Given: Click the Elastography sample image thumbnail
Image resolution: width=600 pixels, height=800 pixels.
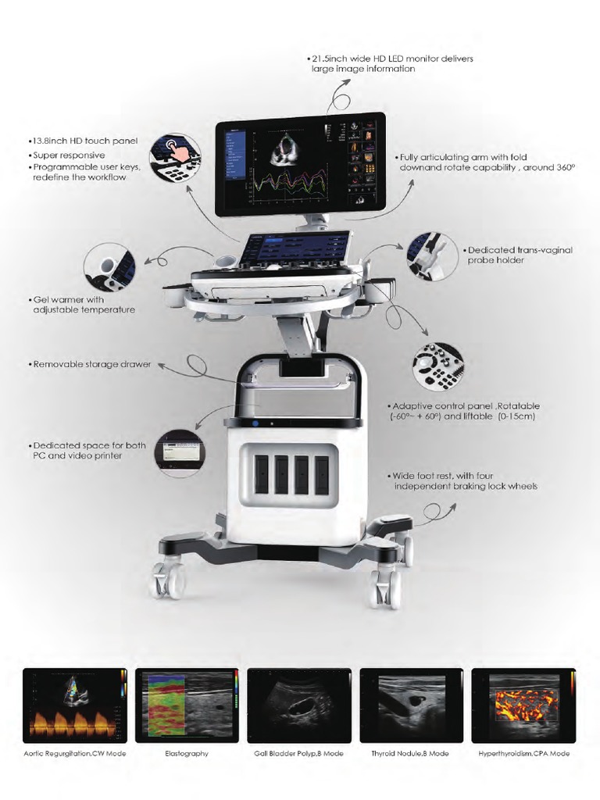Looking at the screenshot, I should [187, 705].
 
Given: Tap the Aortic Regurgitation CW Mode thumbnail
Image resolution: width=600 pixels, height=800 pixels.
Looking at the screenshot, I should [75, 705].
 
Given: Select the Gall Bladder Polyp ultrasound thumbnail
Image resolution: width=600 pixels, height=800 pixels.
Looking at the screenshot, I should [299, 705].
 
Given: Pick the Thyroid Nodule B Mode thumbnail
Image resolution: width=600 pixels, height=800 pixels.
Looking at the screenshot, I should [411, 705].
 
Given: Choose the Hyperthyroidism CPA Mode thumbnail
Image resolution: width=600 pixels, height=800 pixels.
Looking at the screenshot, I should [523, 705].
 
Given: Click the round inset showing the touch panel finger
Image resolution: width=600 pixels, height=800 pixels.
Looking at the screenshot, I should [175, 157].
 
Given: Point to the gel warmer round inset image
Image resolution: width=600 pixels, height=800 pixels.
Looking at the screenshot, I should [109, 268].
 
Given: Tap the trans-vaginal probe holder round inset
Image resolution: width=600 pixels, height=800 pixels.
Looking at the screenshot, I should [432, 255].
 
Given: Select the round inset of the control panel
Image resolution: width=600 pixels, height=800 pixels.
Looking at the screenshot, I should [437, 366].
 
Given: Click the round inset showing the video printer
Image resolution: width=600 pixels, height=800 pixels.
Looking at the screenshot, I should [180, 452].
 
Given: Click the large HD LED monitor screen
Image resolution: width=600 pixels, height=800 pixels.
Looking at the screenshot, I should [301, 164].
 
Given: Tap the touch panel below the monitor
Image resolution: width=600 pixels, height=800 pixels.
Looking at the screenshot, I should [295, 250].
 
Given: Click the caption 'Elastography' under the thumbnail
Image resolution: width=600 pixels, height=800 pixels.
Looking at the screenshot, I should [187, 754].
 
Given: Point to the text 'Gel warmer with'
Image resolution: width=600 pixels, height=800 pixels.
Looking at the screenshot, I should [75, 299].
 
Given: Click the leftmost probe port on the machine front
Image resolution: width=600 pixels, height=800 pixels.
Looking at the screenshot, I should [261, 475].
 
